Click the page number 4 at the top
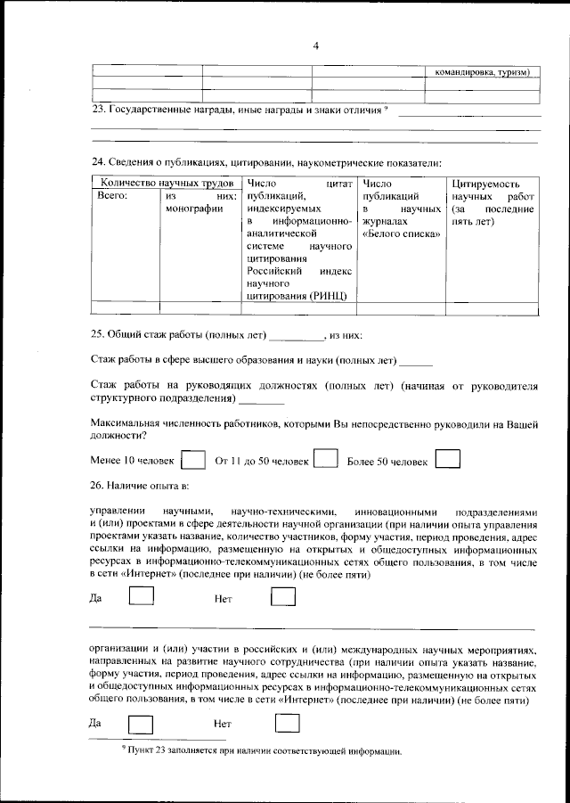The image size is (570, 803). point(315,46)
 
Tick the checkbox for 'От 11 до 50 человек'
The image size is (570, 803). point(327,459)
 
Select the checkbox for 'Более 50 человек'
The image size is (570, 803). point(448,459)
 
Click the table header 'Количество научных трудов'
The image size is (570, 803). point(165,183)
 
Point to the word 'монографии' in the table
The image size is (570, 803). point(193,209)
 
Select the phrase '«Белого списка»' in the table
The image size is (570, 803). point(402,234)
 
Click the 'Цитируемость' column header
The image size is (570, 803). point(485,183)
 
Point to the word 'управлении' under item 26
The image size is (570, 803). point(118,512)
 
